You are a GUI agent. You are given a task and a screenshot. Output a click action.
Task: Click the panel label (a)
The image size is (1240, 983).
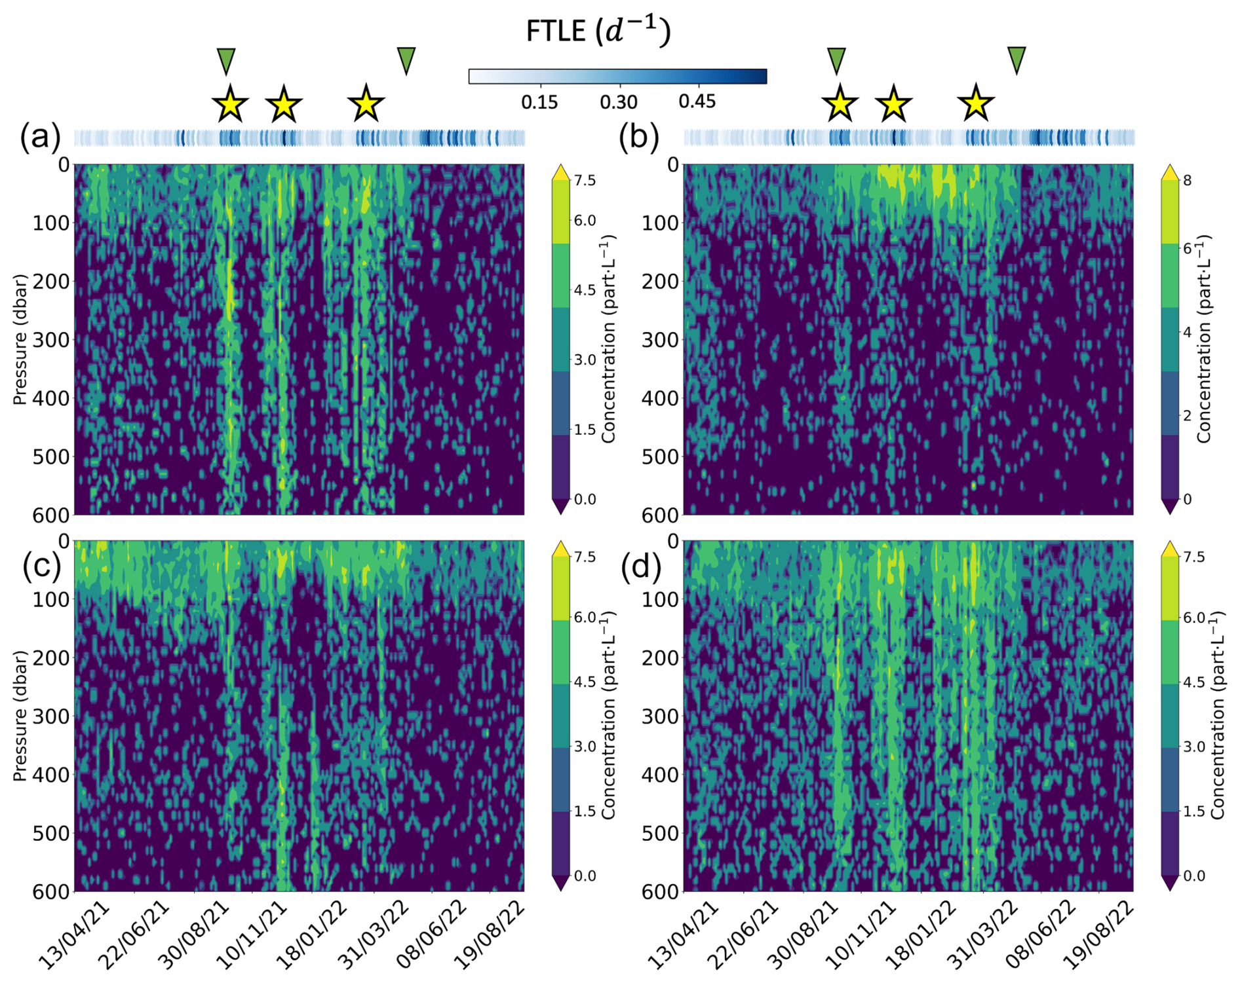pyautogui.click(x=40, y=138)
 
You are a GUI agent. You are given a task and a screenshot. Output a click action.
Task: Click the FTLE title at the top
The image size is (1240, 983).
pyautogui.click(x=598, y=31)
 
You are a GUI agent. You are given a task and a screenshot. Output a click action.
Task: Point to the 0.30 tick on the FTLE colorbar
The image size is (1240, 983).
pyautogui.click(x=619, y=102)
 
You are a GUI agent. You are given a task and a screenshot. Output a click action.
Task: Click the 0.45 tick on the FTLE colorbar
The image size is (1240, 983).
pyautogui.click(x=697, y=102)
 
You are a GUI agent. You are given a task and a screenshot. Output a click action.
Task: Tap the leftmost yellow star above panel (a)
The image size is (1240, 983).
pyautogui.click(x=230, y=104)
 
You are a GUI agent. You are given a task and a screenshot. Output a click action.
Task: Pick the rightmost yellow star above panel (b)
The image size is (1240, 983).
pyautogui.click(x=976, y=104)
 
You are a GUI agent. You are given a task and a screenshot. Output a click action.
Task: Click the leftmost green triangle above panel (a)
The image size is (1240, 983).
pyautogui.click(x=226, y=60)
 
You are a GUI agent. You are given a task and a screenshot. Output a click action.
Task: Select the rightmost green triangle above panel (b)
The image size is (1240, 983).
pyautogui.click(x=1017, y=60)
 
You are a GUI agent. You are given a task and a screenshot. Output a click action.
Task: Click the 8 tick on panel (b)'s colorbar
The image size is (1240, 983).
pyautogui.click(x=1185, y=180)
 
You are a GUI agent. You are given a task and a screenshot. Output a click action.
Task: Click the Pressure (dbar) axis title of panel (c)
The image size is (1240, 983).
pyautogui.click(x=20, y=715)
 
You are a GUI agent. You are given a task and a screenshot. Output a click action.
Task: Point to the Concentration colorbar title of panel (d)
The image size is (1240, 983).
pyautogui.click(x=1217, y=715)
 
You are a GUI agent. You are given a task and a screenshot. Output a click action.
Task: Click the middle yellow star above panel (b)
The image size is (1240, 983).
pyautogui.click(x=893, y=104)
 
